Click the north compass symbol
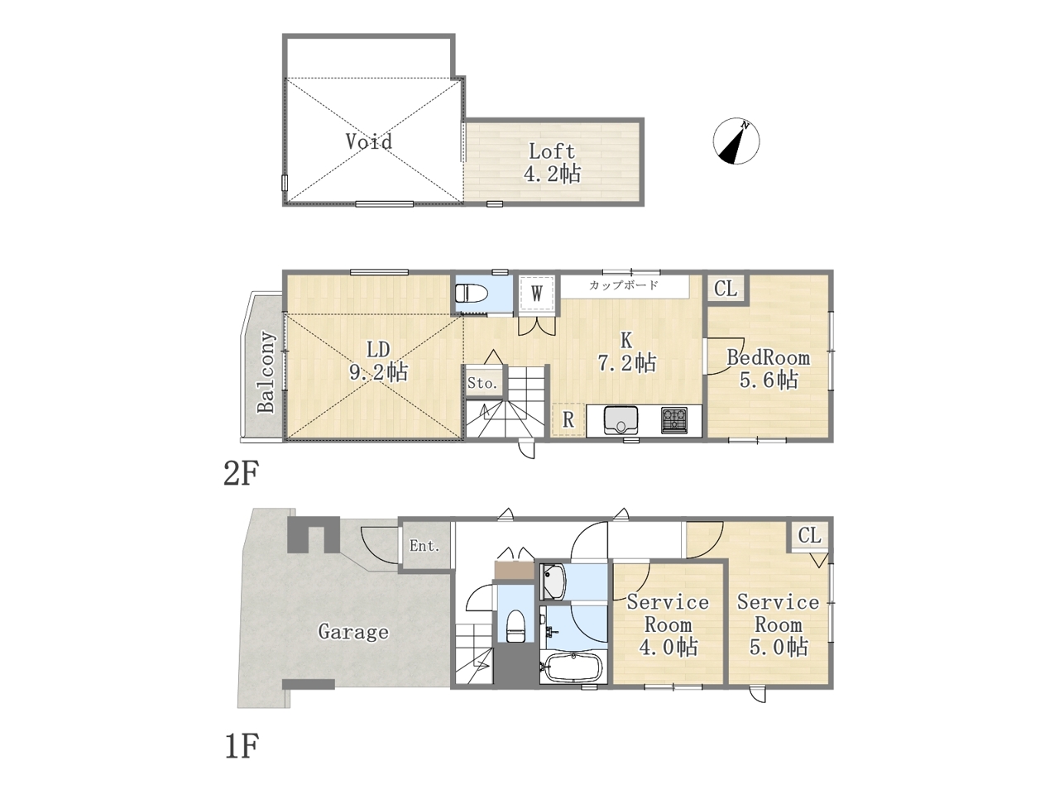point(736,141)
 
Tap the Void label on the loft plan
point(369,141)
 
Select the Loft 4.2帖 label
point(553,163)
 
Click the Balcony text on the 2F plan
point(266,371)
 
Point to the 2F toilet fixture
point(472,293)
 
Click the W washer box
point(537,293)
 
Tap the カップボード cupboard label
point(623,285)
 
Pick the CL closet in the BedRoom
point(726,289)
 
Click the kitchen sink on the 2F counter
point(621,420)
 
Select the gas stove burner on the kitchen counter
point(674,420)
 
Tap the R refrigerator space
point(568,419)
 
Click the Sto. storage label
point(482,384)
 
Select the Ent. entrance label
point(424,546)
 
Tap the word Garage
point(353,632)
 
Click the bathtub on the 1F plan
point(573,667)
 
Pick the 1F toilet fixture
point(515,626)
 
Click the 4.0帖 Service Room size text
point(668,647)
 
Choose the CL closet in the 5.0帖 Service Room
point(809,535)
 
